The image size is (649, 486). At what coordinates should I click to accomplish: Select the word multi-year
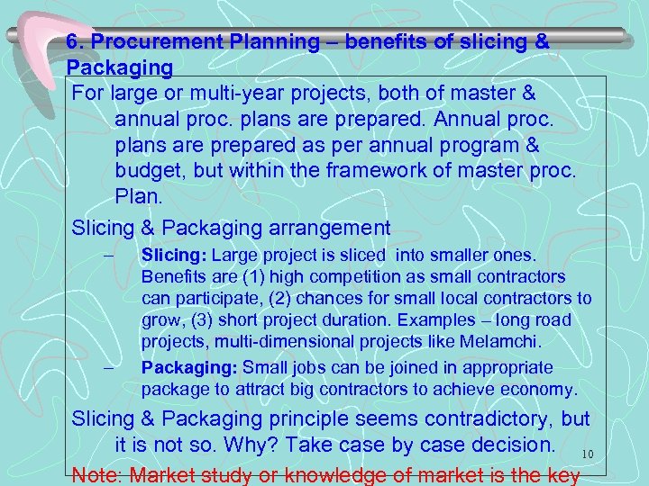click(x=306, y=94)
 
